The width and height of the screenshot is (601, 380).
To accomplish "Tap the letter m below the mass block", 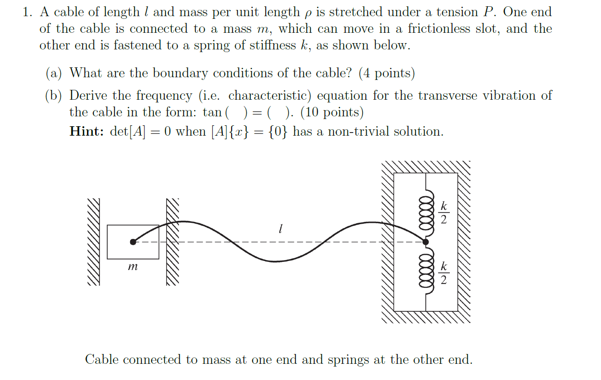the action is click(x=132, y=267).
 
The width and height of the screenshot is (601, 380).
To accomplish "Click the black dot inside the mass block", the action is click(x=133, y=242).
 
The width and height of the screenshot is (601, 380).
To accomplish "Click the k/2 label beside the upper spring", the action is click(x=443, y=212).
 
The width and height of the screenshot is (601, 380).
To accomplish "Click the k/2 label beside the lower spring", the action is click(x=443, y=273).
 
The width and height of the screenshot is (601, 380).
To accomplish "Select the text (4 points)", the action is click(x=386, y=73).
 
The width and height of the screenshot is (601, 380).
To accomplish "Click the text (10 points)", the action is click(x=332, y=112).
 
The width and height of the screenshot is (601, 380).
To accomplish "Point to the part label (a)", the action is click(x=54, y=73).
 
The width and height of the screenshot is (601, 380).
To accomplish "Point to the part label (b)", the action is click(x=54, y=96).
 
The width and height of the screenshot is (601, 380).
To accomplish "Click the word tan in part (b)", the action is click(x=212, y=112).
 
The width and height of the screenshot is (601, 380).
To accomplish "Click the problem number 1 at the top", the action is click(x=27, y=12).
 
